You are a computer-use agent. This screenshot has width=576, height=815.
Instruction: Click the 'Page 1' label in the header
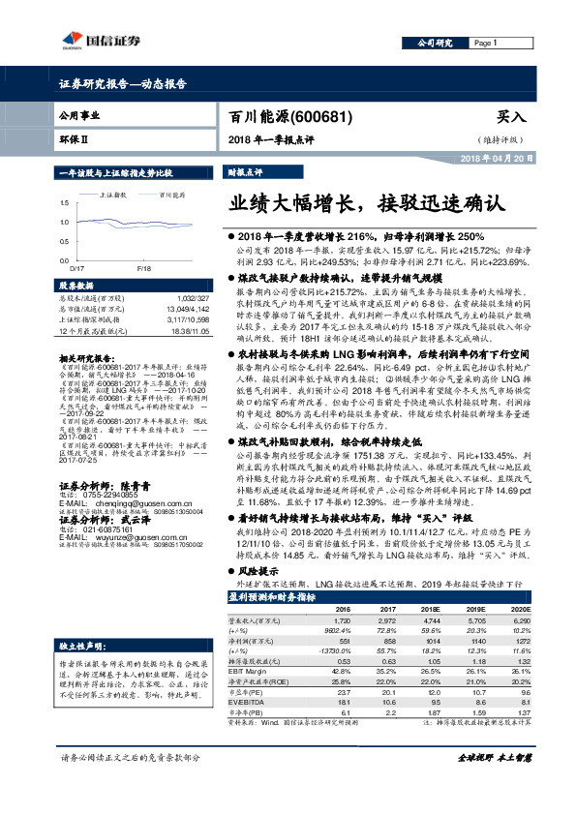click(x=486, y=44)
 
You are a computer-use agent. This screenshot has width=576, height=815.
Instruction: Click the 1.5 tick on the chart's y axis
click(x=63, y=202)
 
